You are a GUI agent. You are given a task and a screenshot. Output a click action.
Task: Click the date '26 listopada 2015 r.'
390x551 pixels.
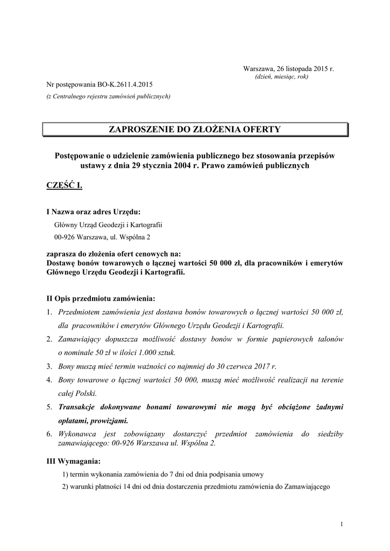(x=305, y=69)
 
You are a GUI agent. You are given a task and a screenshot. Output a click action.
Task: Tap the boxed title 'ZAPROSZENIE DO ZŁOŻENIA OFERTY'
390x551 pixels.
(x=195, y=129)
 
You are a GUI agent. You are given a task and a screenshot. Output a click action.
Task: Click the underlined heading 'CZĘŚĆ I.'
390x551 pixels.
(x=64, y=186)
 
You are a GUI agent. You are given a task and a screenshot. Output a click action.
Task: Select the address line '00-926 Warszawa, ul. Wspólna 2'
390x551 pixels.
(x=102, y=237)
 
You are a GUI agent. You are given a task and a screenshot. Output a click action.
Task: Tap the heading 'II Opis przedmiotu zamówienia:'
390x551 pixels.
(x=101, y=298)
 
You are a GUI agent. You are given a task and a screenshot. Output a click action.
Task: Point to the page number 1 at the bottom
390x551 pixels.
(x=342, y=525)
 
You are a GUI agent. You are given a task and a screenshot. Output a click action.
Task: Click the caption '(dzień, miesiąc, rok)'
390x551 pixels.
(x=281, y=77)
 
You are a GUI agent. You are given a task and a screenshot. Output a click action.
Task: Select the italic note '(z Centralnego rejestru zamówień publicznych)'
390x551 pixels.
(x=108, y=97)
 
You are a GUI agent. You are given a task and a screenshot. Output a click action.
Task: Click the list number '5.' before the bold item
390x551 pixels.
(x=49, y=407)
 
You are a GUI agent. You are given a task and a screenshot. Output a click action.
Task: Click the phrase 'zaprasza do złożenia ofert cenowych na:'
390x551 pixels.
(x=114, y=255)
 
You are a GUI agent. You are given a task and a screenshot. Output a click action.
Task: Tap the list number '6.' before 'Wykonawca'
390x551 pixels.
(x=49, y=434)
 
